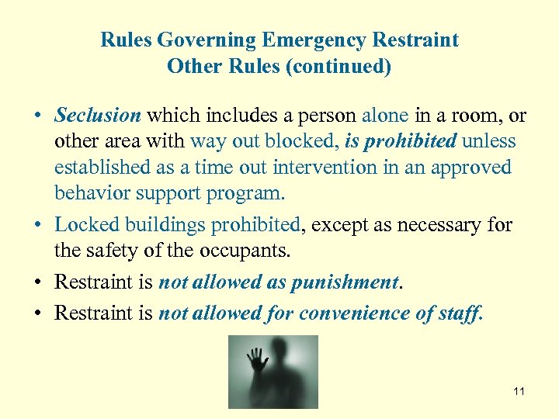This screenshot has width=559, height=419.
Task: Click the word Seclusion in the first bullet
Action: (98, 116)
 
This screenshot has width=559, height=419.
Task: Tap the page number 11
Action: (519, 391)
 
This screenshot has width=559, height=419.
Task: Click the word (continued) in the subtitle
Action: (339, 67)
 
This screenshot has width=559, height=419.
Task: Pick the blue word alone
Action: (385, 116)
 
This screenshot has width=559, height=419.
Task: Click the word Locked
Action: (83, 225)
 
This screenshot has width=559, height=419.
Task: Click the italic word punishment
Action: (344, 282)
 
